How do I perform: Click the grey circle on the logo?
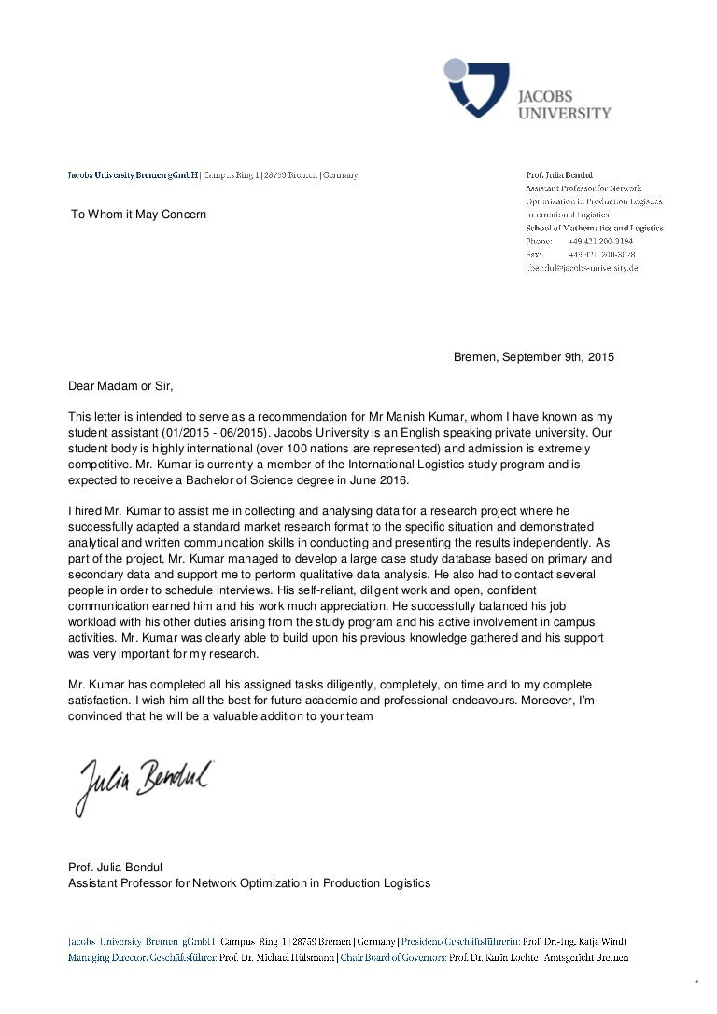(x=455, y=68)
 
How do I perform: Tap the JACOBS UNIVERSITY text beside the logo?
(x=564, y=104)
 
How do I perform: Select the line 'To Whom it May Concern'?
(x=139, y=215)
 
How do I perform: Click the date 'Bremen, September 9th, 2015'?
(x=533, y=357)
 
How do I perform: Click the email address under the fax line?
(x=582, y=268)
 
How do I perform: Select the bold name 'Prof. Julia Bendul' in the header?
(x=559, y=174)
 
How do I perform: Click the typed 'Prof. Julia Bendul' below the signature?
(x=115, y=868)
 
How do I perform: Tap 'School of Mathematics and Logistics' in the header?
(x=594, y=228)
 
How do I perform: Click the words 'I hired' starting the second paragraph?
(x=88, y=511)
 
